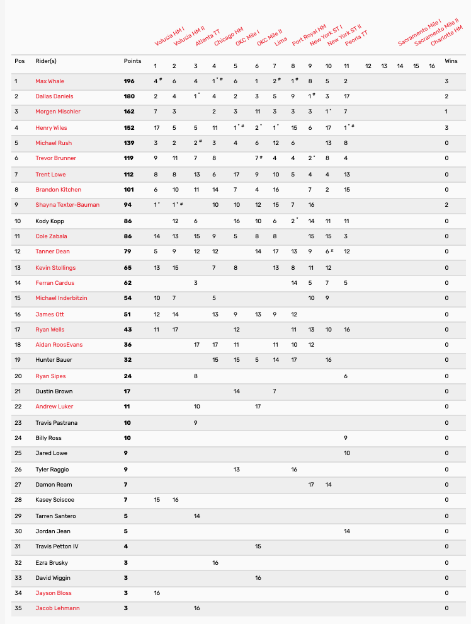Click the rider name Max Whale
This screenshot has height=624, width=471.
click(x=50, y=81)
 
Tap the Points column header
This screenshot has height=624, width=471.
click(x=132, y=61)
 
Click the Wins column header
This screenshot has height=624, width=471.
click(x=451, y=61)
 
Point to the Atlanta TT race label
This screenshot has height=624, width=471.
click(x=207, y=37)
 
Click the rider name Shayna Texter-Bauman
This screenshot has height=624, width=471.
click(x=67, y=205)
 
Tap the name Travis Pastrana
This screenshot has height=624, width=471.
click(x=57, y=423)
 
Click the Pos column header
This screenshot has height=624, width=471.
click(x=20, y=61)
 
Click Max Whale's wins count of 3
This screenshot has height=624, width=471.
click(x=446, y=81)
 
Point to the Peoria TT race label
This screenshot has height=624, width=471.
click(x=356, y=37)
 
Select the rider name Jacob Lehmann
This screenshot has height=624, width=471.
click(x=57, y=608)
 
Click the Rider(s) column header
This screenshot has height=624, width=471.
click(x=46, y=61)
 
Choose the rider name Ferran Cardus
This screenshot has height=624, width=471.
click(x=55, y=283)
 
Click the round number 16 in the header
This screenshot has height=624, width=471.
click(x=431, y=66)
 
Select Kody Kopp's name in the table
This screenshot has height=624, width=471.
click(x=50, y=221)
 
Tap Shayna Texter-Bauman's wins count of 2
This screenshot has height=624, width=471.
click(x=446, y=205)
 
